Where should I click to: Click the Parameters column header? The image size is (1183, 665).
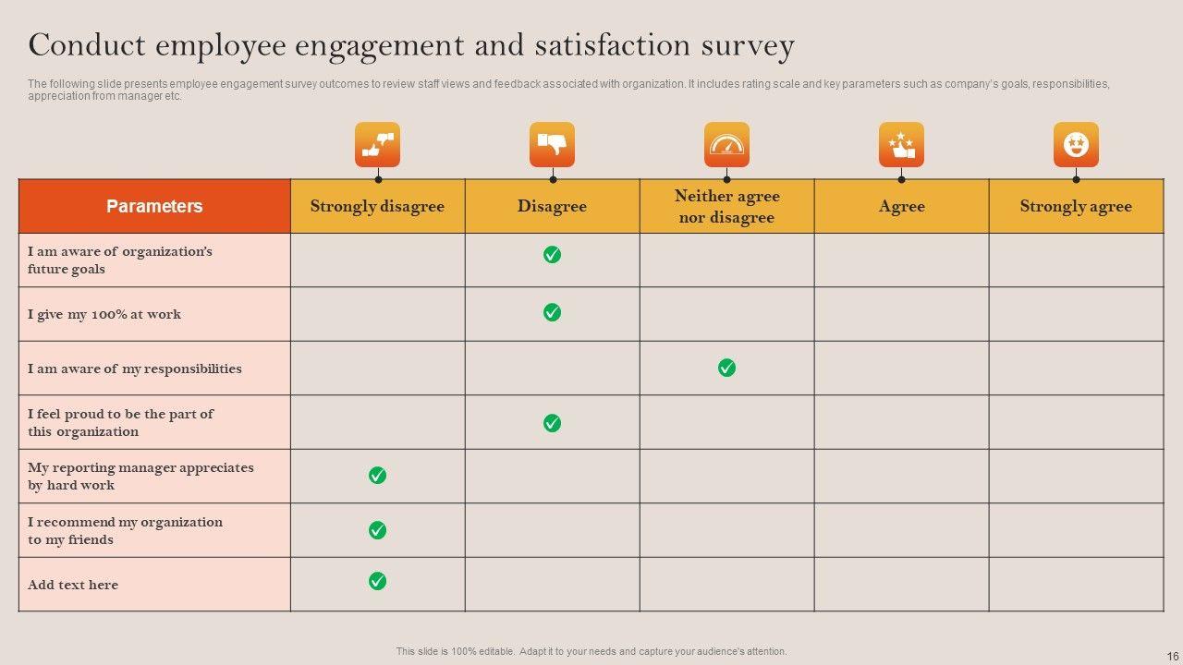(x=154, y=206)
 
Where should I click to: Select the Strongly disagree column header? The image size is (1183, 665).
(x=377, y=206)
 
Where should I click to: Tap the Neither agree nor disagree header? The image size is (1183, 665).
(x=726, y=206)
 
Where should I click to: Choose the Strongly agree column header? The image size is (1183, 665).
(x=1076, y=206)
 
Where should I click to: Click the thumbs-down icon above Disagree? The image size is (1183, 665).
(x=552, y=144)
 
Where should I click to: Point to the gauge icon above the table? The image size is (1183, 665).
(x=726, y=144)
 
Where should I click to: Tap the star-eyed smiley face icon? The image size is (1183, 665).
(x=1076, y=144)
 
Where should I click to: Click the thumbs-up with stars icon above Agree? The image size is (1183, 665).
(x=901, y=144)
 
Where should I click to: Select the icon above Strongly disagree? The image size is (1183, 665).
(x=377, y=144)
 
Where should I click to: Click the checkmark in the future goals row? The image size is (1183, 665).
(x=552, y=255)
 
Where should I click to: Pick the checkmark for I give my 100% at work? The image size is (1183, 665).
(x=552, y=312)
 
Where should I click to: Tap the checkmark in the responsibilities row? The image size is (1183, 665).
(x=726, y=368)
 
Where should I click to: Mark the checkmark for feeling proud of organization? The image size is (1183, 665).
(x=552, y=423)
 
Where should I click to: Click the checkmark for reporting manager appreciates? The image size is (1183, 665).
(x=377, y=475)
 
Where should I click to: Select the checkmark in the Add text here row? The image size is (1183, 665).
(x=377, y=581)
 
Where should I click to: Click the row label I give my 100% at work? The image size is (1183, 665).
(x=104, y=314)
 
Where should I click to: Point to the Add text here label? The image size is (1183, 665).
(x=73, y=585)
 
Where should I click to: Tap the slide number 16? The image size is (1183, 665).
(x=1173, y=657)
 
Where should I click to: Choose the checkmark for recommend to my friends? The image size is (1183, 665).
(x=377, y=530)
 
